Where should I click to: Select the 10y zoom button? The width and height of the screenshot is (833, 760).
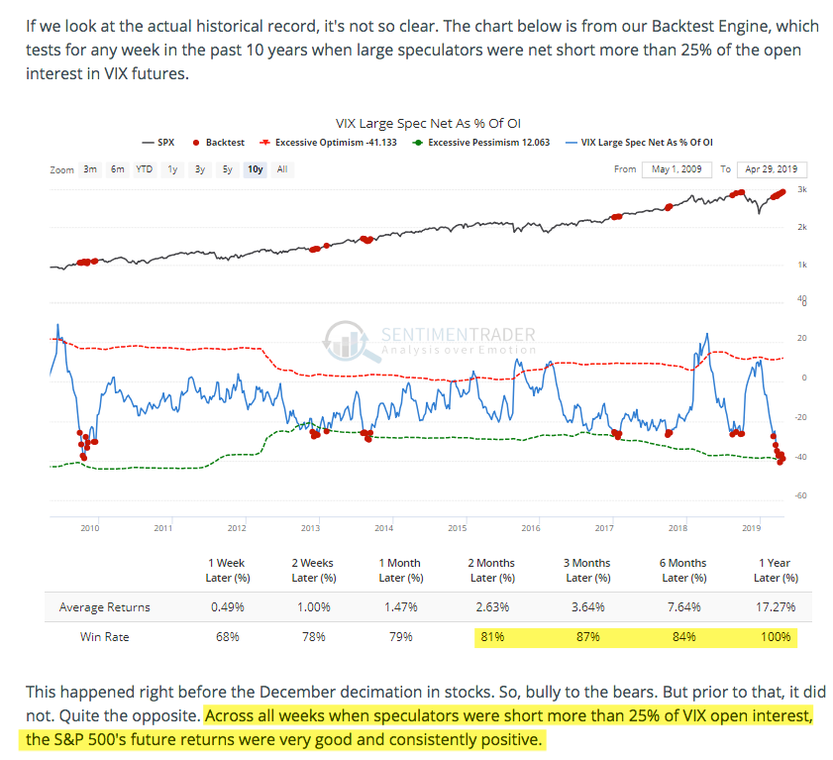pyautogui.click(x=255, y=169)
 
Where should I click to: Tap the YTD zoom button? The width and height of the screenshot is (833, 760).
pyautogui.click(x=144, y=169)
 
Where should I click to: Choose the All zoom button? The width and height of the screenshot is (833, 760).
pyautogui.click(x=282, y=169)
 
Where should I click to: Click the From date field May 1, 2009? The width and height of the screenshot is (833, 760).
pyautogui.click(x=677, y=169)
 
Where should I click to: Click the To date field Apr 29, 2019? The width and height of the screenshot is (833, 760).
pyautogui.click(x=773, y=169)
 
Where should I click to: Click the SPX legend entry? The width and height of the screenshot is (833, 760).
pyautogui.click(x=157, y=143)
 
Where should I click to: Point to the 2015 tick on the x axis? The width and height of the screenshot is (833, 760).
pyautogui.click(x=457, y=528)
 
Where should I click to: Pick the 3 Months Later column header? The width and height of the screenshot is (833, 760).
pyautogui.click(x=585, y=570)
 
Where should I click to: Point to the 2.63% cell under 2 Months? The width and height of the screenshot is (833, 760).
pyautogui.click(x=491, y=606)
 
